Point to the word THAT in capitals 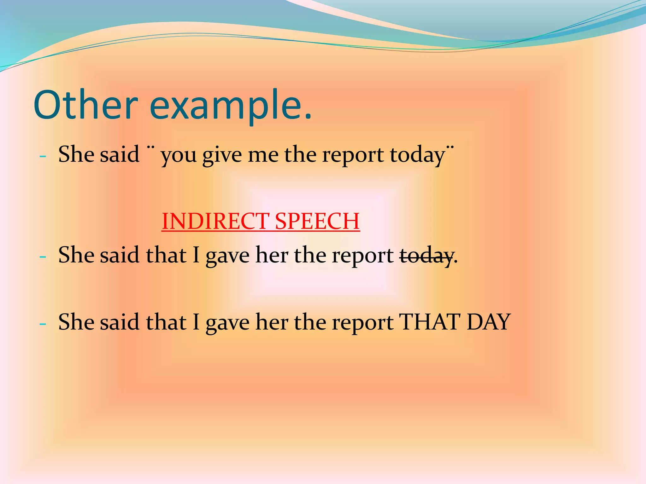pos(429,322)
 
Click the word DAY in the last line pos(489,322)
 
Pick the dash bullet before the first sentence pos(43,156)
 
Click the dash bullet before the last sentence pos(43,324)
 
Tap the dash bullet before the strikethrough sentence pos(43,257)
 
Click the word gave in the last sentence pos(227,323)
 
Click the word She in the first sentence pos(76,154)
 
